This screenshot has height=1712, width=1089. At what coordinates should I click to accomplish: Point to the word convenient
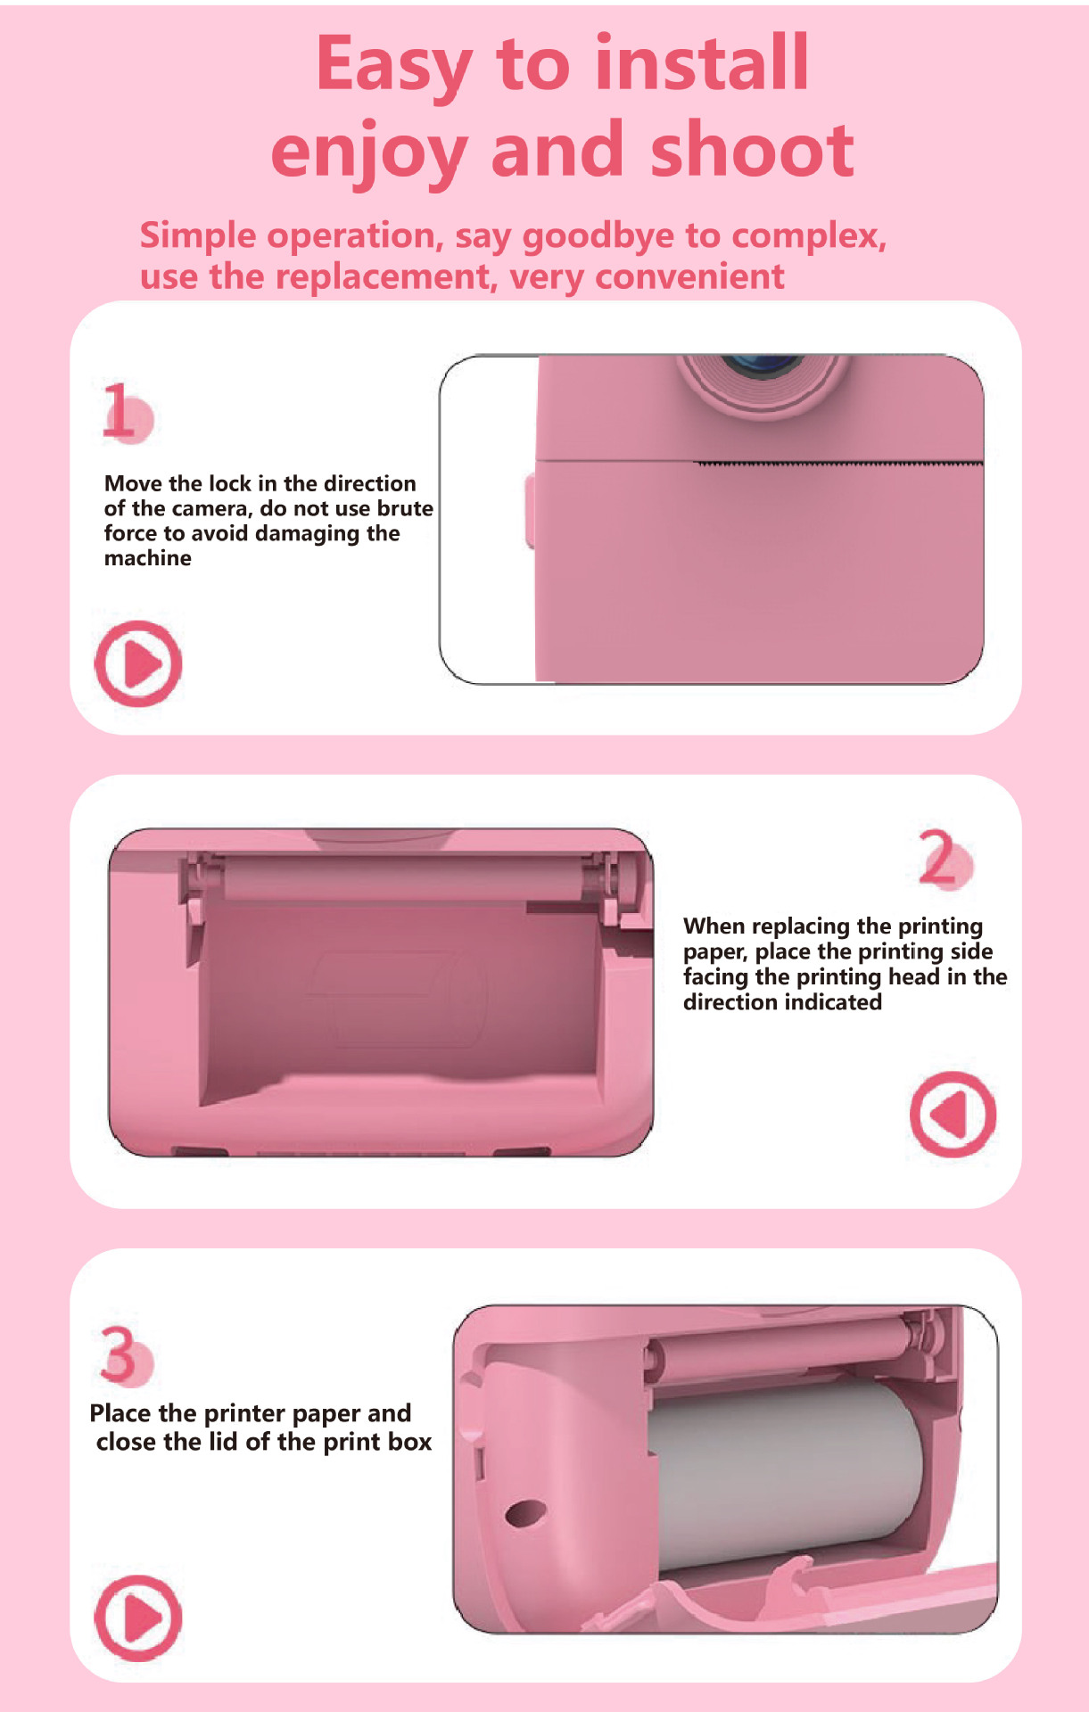point(689,276)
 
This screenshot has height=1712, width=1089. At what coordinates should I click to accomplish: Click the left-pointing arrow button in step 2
point(953,1114)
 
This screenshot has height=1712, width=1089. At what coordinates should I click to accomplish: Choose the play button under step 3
point(138,1617)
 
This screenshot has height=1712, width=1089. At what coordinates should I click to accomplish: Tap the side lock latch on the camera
point(530,511)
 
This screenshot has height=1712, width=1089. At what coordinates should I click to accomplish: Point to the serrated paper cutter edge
point(838,464)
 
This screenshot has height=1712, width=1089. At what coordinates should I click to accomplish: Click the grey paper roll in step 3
point(785,1476)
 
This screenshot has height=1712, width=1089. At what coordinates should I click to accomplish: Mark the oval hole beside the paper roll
point(525,1511)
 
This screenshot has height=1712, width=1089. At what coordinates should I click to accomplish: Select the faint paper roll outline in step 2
point(399,997)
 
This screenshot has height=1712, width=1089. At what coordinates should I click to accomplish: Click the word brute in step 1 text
point(406,508)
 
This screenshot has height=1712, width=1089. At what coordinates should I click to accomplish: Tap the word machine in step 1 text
point(148,558)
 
